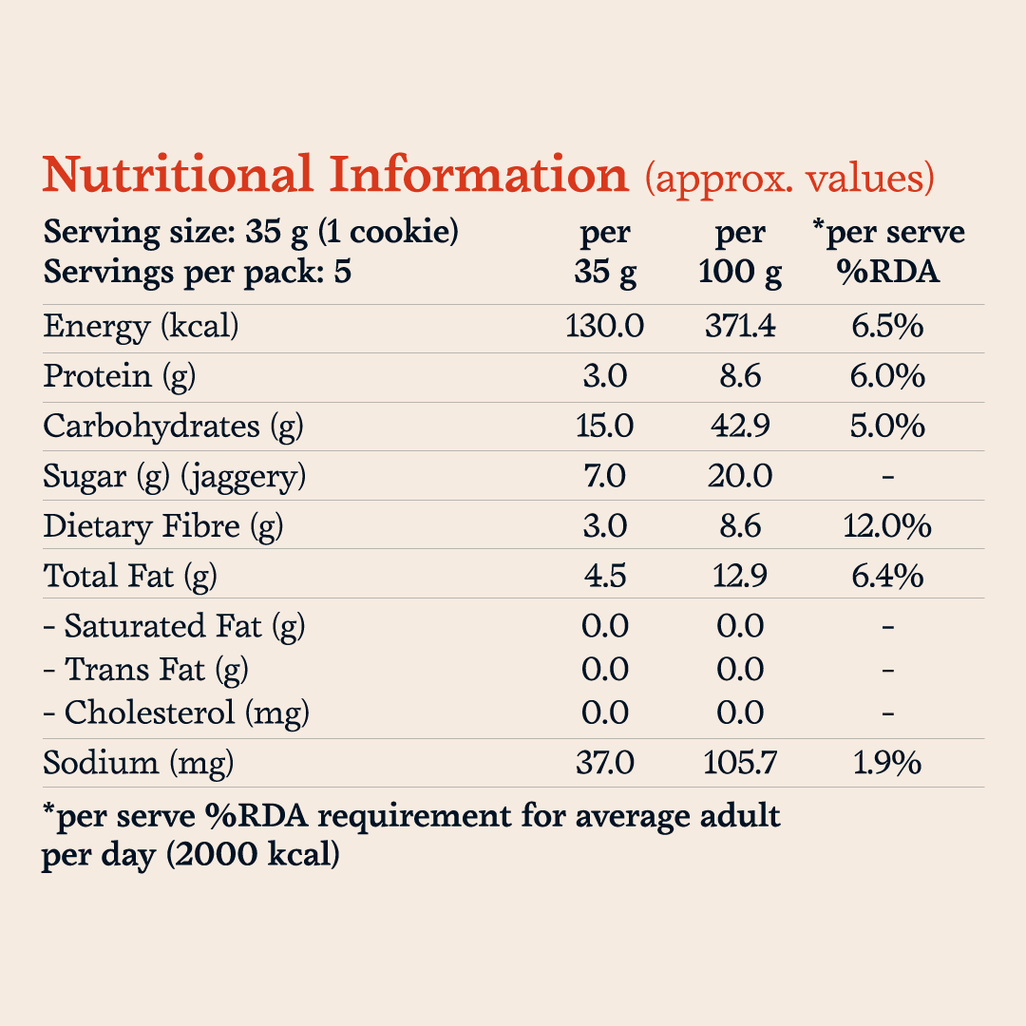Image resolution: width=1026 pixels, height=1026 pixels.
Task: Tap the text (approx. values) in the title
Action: tap(789, 179)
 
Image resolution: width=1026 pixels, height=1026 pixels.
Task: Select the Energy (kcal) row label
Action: tap(141, 327)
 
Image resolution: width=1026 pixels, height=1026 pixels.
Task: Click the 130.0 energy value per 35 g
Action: tap(604, 326)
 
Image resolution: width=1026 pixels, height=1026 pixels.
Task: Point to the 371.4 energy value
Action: tap(740, 326)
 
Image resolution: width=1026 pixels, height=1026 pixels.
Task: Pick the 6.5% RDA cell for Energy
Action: tap(887, 326)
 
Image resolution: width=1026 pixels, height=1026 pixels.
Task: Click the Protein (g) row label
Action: tap(119, 377)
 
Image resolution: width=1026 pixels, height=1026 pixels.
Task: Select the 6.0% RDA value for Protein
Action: tap(887, 376)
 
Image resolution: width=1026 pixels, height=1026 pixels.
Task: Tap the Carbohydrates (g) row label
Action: tap(173, 427)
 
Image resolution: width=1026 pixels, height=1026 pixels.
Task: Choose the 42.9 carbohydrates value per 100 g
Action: tap(740, 426)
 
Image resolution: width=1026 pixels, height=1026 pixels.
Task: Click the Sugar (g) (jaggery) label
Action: tap(174, 477)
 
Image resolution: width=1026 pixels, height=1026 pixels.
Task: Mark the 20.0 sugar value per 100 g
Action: tap(740, 476)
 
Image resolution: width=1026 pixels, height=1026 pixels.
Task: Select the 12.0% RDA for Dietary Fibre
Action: tap(887, 526)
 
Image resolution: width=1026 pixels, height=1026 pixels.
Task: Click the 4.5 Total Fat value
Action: tap(605, 576)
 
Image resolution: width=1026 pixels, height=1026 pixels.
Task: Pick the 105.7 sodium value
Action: tap(740, 763)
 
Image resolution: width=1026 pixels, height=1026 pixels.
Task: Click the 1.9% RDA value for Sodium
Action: tap(887, 763)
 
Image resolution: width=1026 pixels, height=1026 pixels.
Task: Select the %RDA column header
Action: tap(888, 272)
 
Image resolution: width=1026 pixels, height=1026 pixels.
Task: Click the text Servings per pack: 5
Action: tap(197, 273)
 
